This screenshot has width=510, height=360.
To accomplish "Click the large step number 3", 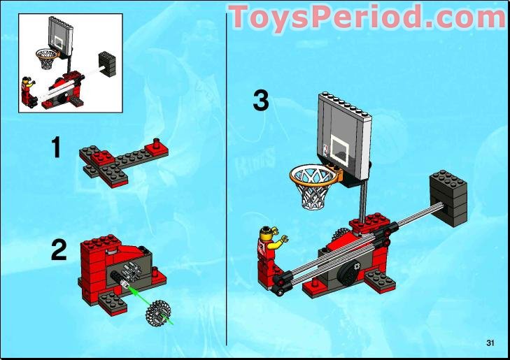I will click(260, 101).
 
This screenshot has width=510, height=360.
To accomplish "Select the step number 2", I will click(59, 250).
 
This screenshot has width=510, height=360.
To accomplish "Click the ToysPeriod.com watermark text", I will click(367, 16).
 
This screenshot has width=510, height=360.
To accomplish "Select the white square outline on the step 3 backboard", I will click(341, 148).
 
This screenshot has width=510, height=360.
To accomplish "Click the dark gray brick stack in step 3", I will click(449, 196).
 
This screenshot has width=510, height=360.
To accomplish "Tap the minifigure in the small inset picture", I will click(29, 90).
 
